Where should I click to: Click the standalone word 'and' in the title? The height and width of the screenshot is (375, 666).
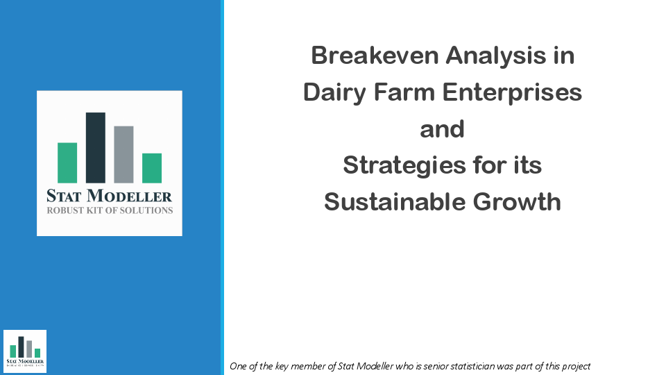[442, 129]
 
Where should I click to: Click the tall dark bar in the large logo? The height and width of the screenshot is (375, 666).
[96, 148]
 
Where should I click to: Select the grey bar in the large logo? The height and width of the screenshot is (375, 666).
[123, 154]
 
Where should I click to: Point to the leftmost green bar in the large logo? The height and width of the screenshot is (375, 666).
[67, 162]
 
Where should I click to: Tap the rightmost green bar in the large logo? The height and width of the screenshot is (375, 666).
[152, 168]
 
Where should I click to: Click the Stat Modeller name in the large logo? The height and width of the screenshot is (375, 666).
[109, 197]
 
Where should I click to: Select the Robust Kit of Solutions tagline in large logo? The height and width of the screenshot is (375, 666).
[109, 210]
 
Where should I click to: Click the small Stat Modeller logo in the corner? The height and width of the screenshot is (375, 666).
[25, 351]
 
